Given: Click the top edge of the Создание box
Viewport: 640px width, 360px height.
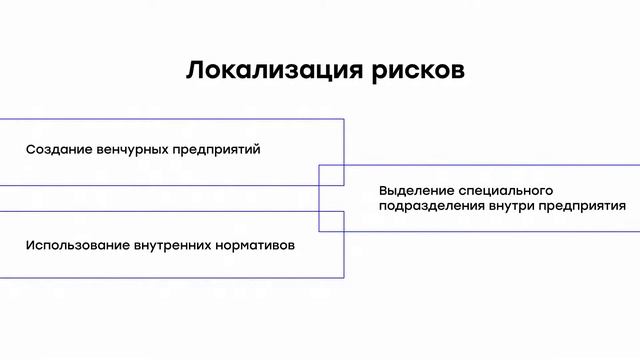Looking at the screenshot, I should pyautogui.click(x=170, y=119).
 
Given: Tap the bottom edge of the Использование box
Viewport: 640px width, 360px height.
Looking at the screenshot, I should pyautogui.click(x=170, y=277).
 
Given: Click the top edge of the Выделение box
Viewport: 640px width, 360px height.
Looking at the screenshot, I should pyautogui.click(x=480, y=165).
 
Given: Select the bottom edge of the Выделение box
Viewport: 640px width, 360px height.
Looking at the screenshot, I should pyautogui.click(x=480, y=232).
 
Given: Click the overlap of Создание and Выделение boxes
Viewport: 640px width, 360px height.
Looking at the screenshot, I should pyautogui.click(x=331, y=175).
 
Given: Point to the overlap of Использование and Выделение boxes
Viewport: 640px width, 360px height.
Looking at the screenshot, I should pyautogui.click(x=331, y=221).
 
